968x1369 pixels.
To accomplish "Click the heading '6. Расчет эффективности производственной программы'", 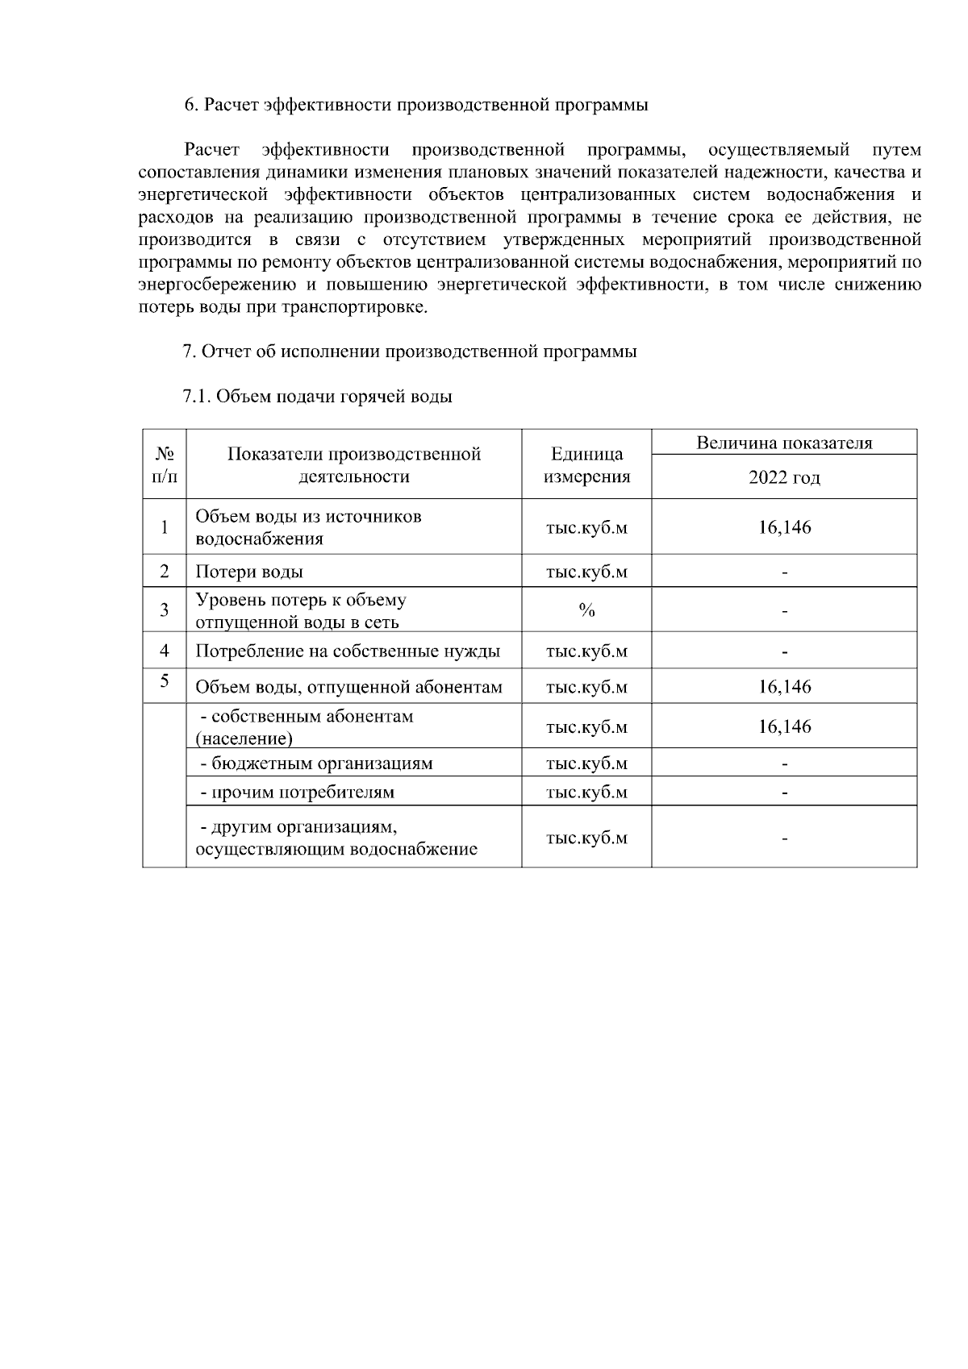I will (416, 105).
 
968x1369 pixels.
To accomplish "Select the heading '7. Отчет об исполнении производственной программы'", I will (410, 352).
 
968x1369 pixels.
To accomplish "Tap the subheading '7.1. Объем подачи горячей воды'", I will (318, 397).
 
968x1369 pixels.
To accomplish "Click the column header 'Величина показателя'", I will (784, 443).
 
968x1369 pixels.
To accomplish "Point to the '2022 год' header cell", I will (784, 477).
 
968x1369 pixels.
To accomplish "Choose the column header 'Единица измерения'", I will (586, 465).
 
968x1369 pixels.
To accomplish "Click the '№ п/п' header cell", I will (164, 465).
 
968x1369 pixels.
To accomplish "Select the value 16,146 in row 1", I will (784, 527).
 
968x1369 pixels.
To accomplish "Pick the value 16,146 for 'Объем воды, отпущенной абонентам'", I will (784, 687).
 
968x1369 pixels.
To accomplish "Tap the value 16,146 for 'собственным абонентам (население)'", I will (784, 726).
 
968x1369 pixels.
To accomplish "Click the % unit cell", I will (586, 611).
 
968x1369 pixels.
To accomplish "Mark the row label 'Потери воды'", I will (249, 572).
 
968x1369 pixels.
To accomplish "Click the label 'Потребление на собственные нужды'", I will (348, 651).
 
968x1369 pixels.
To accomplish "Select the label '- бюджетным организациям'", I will (316, 764).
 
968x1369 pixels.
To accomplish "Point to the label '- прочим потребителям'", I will (297, 793).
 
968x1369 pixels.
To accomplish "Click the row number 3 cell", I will (164, 610).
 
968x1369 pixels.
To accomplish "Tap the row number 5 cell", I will (164, 681).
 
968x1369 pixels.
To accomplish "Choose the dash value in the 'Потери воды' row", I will (784, 572).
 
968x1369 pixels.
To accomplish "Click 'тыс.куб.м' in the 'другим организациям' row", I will (586, 838).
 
